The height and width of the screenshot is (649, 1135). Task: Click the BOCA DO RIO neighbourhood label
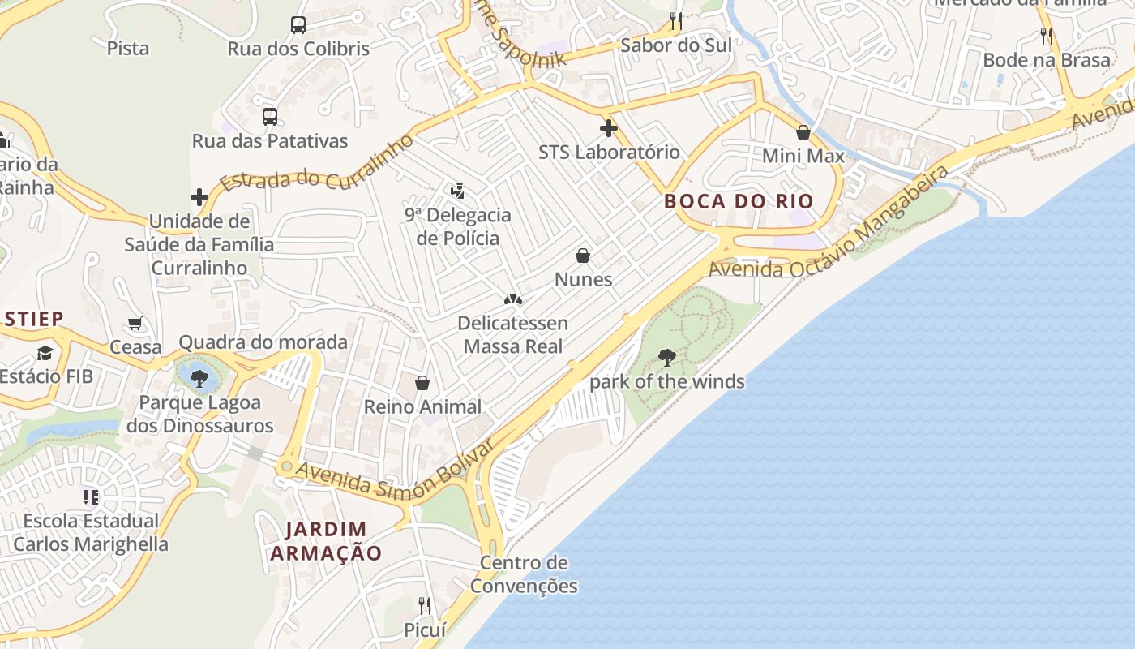coord(739,201)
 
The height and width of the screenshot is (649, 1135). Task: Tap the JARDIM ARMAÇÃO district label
coord(326,541)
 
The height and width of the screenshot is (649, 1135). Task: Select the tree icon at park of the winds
coord(666,357)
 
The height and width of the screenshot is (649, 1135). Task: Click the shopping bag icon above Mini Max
coord(803,132)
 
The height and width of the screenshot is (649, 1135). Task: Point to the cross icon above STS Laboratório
coord(609,128)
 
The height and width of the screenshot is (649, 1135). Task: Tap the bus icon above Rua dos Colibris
coord(298,25)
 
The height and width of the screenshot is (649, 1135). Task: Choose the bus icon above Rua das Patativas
coord(270,117)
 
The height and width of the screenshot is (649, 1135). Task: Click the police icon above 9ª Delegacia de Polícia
coord(457,191)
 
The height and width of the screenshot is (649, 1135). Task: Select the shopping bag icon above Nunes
coord(583,256)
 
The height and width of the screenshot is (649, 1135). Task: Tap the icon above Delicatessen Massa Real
coord(512,300)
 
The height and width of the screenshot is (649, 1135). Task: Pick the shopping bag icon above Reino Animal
coord(422,383)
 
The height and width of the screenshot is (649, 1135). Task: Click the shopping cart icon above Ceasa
coord(135,324)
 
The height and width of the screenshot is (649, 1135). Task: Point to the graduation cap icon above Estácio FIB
coord(45,353)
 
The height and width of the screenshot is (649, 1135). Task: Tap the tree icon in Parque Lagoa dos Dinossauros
coord(199,377)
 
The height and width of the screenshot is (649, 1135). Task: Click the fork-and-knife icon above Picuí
coord(424,605)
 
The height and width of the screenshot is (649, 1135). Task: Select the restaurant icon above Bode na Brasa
coord(1047,37)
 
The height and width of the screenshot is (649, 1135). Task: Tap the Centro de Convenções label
coord(524,574)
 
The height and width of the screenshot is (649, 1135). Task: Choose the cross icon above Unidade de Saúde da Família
coord(199,197)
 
